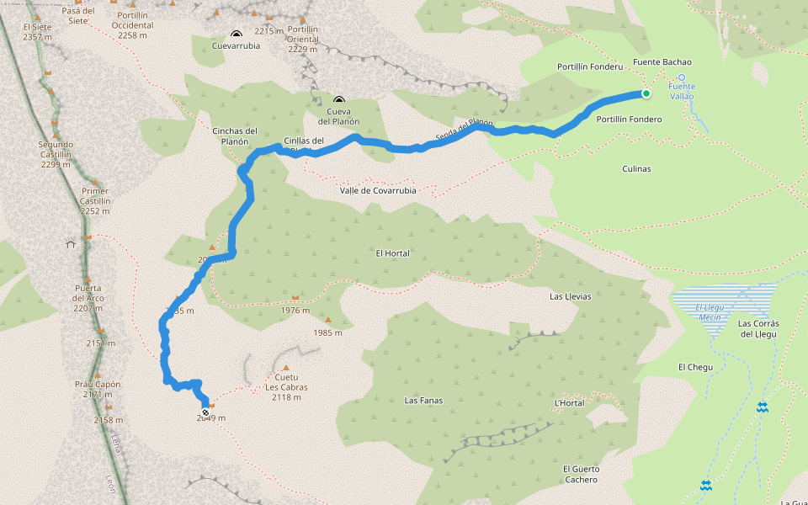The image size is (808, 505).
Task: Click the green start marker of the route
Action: (x=646, y=93)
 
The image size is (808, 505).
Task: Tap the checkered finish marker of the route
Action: (x=205, y=412)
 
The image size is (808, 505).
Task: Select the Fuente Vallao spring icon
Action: (x=682, y=77)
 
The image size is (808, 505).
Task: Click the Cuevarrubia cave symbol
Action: (x=236, y=35)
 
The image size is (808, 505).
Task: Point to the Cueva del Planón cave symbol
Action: (x=338, y=100)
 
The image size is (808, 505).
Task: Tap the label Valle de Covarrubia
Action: (x=378, y=190)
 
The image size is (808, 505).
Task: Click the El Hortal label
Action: (x=392, y=252)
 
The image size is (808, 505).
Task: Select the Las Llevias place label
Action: (x=570, y=296)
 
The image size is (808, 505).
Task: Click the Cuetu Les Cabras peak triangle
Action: (x=286, y=368)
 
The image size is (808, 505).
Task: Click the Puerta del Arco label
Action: (x=88, y=293)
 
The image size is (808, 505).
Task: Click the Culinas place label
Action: (x=637, y=168)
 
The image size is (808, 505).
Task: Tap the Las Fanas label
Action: (x=423, y=401)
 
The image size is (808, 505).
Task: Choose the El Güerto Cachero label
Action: (x=581, y=474)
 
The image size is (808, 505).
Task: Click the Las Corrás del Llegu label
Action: (x=758, y=328)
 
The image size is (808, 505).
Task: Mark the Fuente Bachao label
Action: (x=662, y=62)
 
